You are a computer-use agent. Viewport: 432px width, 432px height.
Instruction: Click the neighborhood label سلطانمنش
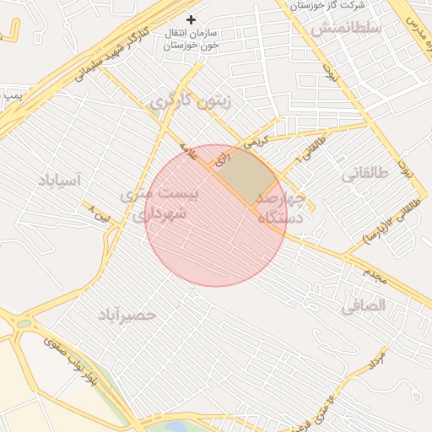(347, 28)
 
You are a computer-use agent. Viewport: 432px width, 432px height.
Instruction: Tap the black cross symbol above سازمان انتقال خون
(192, 19)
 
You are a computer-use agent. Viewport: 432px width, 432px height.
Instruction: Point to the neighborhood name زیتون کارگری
(190, 101)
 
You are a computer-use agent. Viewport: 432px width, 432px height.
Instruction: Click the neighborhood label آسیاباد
(58, 180)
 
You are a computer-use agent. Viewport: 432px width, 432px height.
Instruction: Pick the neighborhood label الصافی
(363, 306)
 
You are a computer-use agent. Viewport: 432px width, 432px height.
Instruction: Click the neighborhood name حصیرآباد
(127, 315)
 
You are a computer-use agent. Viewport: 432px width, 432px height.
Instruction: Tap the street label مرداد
(376, 360)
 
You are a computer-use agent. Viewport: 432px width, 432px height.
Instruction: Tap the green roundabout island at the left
(23, 322)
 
